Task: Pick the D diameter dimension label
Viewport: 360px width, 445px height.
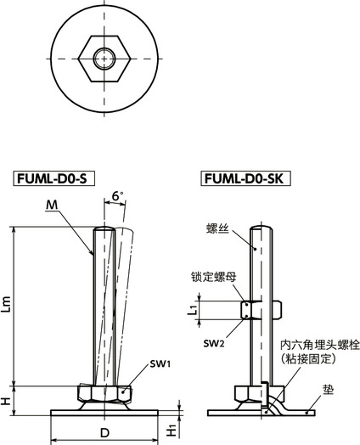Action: [104, 433]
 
